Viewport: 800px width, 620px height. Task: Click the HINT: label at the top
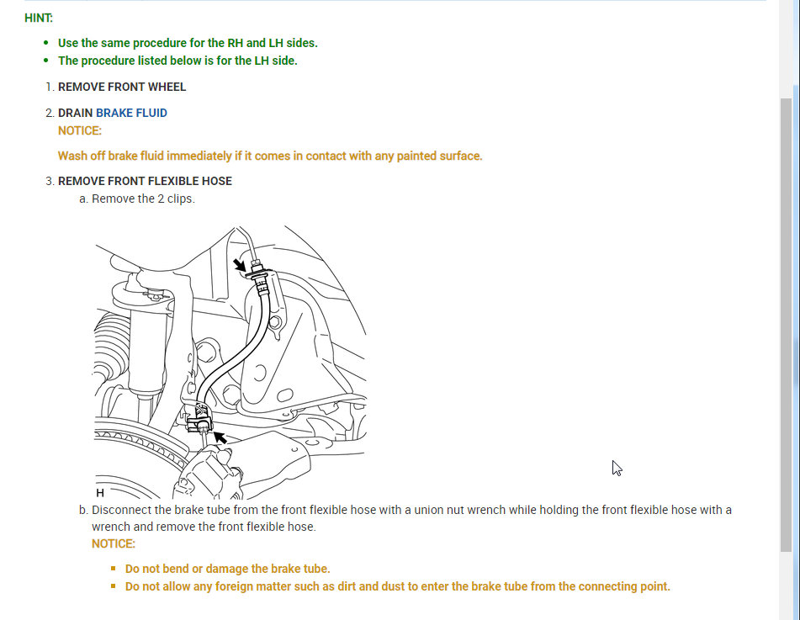[38, 17]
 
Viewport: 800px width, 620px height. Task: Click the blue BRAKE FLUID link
[131, 113]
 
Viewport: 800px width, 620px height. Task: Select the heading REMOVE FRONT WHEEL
[122, 87]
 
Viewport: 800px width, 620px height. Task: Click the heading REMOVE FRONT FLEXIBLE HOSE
[145, 181]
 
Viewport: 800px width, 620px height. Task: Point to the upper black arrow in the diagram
[241, 265]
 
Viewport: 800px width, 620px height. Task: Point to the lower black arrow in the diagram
[220, 437]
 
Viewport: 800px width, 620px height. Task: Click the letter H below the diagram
[100, 493]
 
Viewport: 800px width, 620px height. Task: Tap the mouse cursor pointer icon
[617, 468]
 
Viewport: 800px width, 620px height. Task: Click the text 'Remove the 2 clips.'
[143, 199]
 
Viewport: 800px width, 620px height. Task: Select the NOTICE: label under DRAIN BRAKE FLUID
[80, 130]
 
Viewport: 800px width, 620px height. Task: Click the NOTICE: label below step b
[114, 543]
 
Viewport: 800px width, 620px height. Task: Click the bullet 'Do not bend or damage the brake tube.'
[227, 569]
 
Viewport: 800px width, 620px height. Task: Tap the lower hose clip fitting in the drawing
[202, 416]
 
